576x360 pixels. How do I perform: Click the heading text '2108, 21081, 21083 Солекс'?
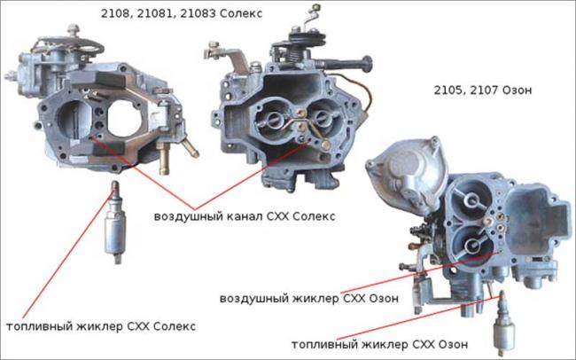(x=182, y=14)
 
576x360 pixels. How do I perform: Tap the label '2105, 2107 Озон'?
(x=483, y=90)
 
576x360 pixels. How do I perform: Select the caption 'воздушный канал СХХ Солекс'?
(x=245, y=216)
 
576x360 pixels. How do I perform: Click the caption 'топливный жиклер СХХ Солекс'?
(x=101, y=326)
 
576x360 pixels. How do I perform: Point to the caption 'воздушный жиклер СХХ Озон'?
(x=309, y=298)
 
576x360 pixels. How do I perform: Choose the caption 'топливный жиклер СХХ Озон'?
(x=380, y=345)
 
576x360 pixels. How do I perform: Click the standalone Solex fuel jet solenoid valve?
(x=115, y=223)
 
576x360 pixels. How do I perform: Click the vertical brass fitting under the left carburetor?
(x=164, y=160)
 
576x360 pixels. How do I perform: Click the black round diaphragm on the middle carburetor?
(x=307, y=39)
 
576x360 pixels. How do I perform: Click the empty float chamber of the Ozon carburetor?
(x=530, y=215)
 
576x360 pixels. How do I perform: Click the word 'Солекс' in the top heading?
(x=241, y=14)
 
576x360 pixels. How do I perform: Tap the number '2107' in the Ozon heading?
(x=483, y=90)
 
